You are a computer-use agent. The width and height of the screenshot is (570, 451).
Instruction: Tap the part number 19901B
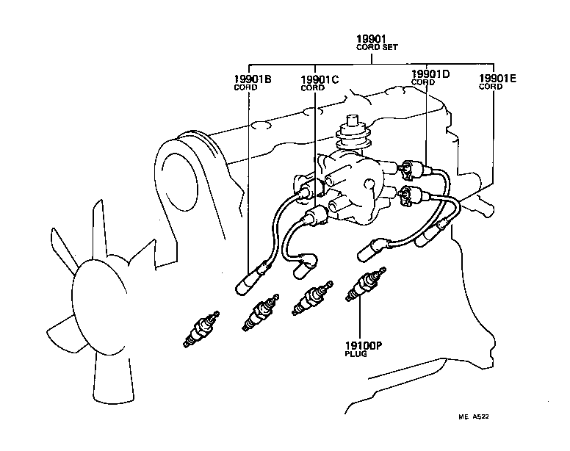(x=253, y=79)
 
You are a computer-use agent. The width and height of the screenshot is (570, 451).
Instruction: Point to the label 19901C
(x=320, y=79)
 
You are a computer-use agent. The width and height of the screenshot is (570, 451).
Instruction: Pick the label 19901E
(x=497, y=78)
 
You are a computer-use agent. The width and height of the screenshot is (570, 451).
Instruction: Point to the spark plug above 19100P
(x=364, y=285)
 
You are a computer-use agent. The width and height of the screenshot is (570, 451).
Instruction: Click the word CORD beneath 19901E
(x=491, y=87)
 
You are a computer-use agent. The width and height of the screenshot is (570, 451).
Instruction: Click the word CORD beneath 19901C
(x=312, y=88)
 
